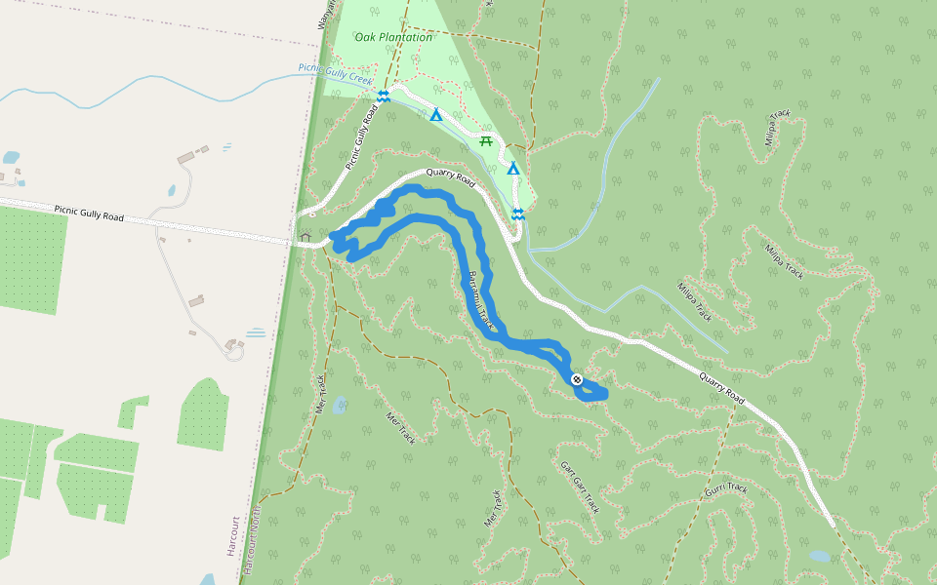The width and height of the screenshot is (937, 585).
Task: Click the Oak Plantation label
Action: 393,37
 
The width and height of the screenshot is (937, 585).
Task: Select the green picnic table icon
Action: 485,141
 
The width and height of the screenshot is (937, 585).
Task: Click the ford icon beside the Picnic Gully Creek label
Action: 384,96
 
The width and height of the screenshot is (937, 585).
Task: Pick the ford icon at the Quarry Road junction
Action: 518,214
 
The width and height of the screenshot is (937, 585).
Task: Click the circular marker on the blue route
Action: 576,378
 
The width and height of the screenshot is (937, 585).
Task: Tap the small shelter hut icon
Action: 306,236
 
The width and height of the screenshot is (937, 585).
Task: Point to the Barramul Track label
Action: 483,301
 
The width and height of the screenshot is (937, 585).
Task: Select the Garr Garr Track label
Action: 580,487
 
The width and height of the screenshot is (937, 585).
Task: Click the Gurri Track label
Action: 728,487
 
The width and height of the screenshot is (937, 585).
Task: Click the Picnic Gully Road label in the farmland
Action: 89,213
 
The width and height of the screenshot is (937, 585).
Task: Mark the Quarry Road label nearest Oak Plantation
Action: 451,181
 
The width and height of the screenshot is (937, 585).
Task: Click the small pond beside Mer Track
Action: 339,404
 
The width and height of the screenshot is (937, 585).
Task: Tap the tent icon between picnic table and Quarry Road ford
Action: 512,169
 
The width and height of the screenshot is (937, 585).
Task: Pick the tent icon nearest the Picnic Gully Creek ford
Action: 436,115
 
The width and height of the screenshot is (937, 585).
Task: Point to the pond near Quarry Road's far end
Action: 820,556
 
